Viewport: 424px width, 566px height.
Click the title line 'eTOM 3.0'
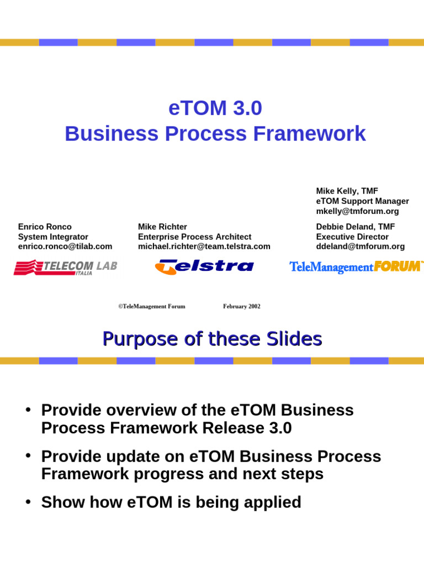point(215,109)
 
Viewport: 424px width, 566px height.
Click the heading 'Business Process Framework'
point(215,134)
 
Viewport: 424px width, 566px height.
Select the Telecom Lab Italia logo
point(65,268)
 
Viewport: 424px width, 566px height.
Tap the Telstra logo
point(204,267)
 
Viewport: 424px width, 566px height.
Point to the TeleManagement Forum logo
point(356,267)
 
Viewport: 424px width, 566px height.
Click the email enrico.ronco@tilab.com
point(65,247)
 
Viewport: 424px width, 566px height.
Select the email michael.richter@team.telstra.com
point(204,247)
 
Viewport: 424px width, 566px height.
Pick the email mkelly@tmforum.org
point(357,211)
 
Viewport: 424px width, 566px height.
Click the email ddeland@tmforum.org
point(360,247)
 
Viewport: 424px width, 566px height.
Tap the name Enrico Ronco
point(45,227)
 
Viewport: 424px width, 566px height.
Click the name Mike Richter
point(162,227)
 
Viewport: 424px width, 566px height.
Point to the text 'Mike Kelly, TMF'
point(347,191)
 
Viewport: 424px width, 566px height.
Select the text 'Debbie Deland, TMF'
point(355,227)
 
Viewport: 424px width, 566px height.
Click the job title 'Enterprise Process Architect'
point(194,237)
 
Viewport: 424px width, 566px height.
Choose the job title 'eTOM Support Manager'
point(362,201)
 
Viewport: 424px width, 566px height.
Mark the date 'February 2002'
point(242,306)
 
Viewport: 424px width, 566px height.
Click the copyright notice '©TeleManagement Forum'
point(152,306)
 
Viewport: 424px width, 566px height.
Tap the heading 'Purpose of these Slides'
point(212,339)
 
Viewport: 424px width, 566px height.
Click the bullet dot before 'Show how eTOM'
point(26,502)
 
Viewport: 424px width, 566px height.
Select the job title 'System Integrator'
point(53,237)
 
